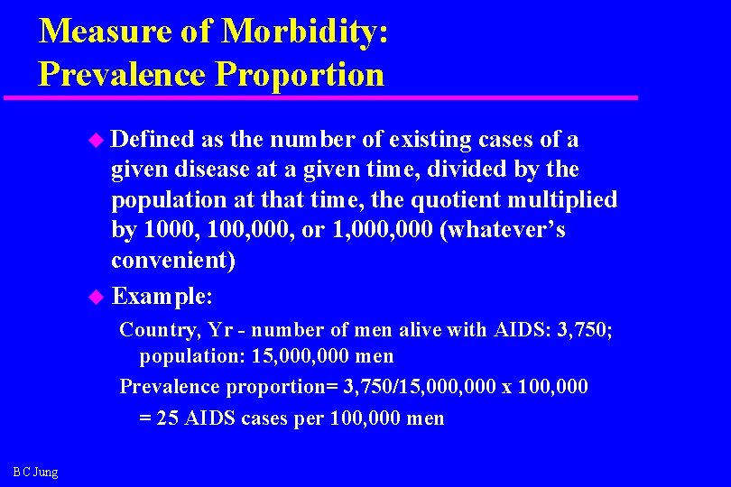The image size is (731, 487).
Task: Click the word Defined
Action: (153, 140)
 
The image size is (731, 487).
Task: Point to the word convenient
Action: (172, 261)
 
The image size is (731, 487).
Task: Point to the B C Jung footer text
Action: (36, 472)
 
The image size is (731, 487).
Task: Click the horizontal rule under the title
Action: (320, 96)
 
